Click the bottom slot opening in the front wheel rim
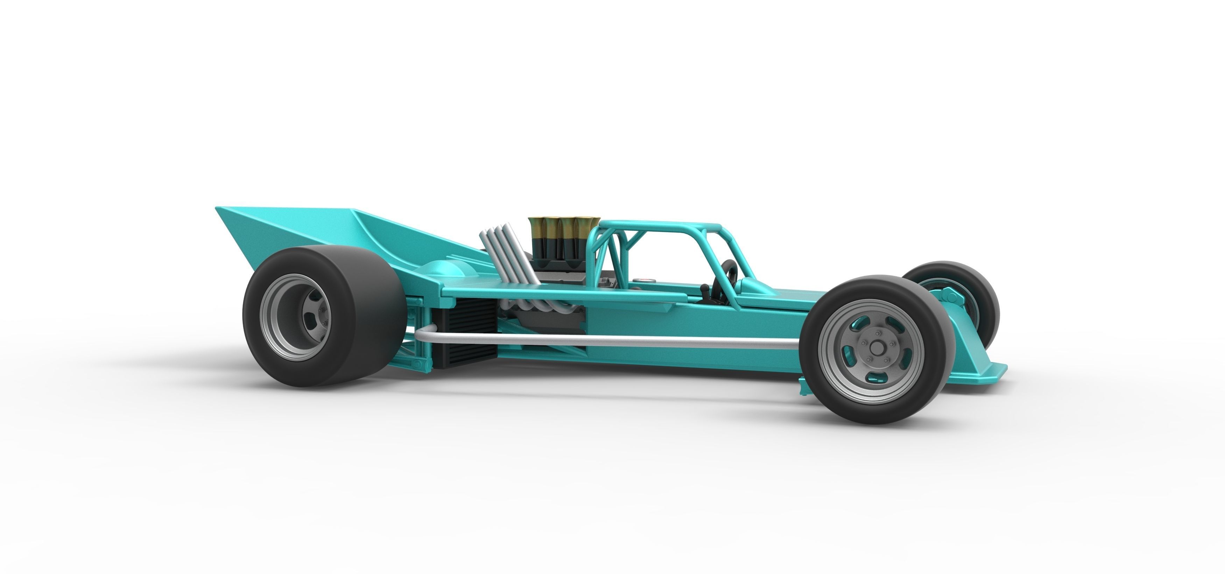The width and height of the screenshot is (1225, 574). [x=873, y=378]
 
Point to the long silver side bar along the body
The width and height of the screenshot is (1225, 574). [x=594, y=340]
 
